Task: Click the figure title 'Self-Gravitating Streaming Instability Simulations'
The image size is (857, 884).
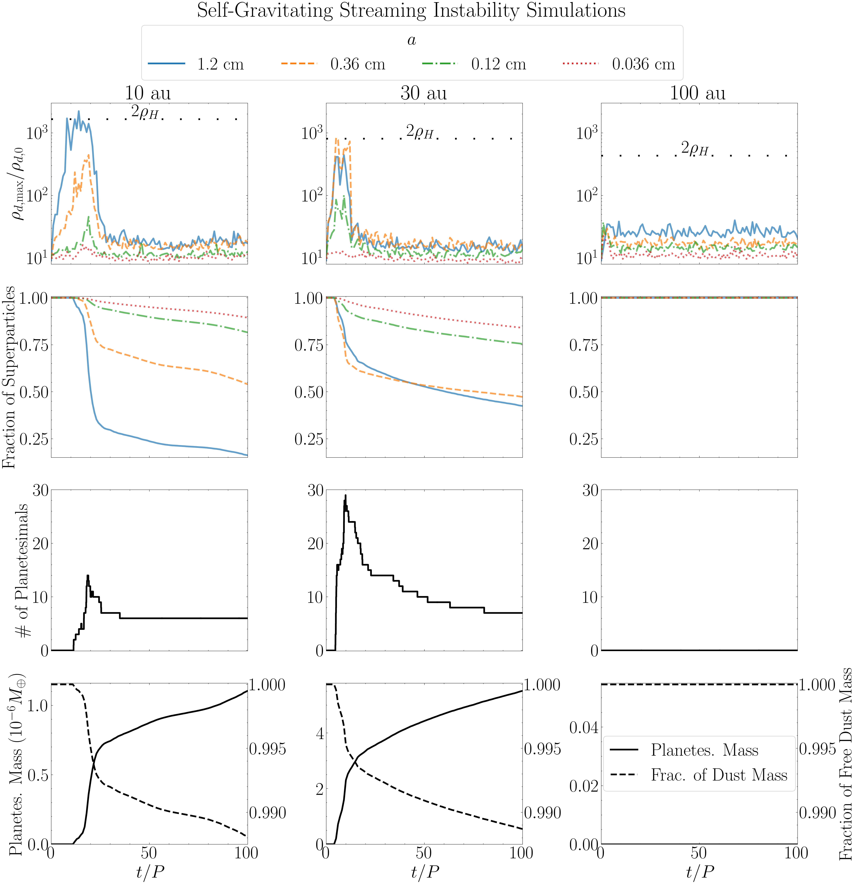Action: click(411, 11)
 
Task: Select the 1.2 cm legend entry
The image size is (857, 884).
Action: click(196, 64)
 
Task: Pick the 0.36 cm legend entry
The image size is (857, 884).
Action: click(333, 64)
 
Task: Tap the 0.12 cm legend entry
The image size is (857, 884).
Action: click(474, 64)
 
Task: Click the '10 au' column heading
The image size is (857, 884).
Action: click(148, 93)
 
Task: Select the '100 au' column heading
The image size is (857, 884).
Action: click(698, 93)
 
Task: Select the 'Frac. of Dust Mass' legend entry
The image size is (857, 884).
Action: click(699, 775)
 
